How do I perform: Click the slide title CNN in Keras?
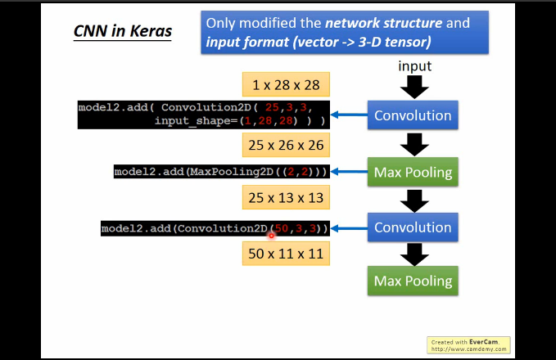tap(123, 31)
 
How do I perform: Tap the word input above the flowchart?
tap(414, 66)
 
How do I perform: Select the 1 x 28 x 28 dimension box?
tap(286, 85)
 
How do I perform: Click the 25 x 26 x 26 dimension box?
tap(286, 145)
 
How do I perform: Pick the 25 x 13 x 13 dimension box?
tap(286, 197)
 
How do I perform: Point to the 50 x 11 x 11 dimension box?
tap(286, 254)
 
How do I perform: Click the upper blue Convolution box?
tap(413, 115)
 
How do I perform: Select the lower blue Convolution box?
tap(413, 227)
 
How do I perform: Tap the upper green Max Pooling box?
tap(413, 172)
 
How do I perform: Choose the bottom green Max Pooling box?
tap(413, 281)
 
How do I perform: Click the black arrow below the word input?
tap(414, 88)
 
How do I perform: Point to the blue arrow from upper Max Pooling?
tap(349, 172)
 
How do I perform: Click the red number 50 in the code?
tap(282, 228)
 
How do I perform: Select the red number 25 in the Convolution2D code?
tap(272, 107)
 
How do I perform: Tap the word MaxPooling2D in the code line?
tap(232, 172)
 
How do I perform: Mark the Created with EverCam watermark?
tap(468, 345)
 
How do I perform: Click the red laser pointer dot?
tap(271, 236)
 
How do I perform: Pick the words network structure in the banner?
tap(384, 23)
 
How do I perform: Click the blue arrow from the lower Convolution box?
tap(349, 228)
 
